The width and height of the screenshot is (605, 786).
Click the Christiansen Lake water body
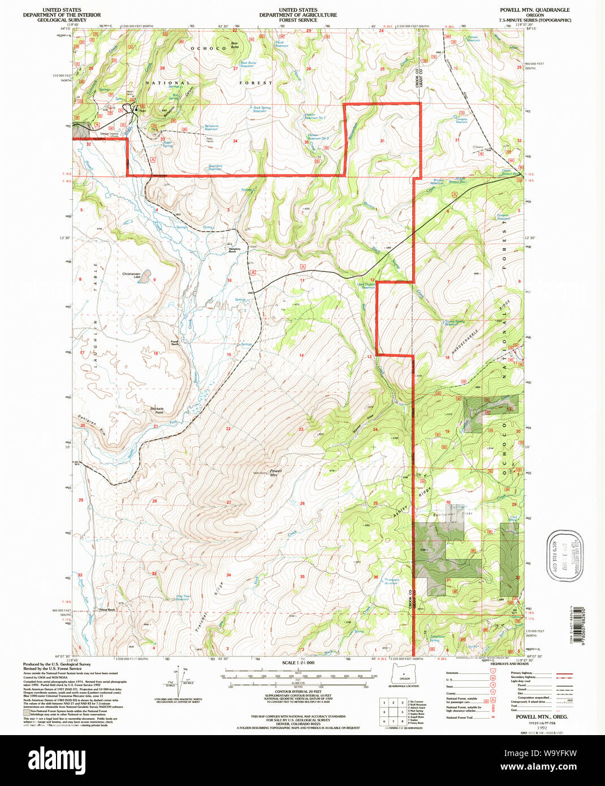coord(145,277)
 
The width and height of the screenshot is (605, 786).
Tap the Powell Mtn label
coord(275,473)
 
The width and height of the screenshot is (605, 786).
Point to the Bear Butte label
coord(235,45)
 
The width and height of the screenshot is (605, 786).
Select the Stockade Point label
coord(157,410)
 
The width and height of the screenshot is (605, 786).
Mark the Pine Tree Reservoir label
coord(183,597)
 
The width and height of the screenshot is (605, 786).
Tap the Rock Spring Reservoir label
coord(261,109)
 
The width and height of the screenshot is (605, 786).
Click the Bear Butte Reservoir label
coord(248,64)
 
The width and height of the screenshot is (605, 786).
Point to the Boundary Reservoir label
coord(215,167)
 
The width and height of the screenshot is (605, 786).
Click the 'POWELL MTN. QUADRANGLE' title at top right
coord(534,10)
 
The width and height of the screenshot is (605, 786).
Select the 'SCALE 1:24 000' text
coord(298,663)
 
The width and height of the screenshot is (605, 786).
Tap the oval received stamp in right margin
coord(564,556)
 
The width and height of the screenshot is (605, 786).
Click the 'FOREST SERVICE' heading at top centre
coord(298,20)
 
